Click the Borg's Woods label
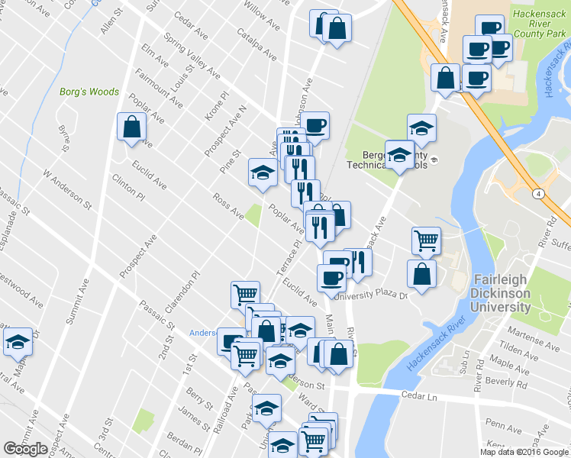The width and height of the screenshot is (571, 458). [89, 92]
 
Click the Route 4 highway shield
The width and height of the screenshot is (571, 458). [540, 195]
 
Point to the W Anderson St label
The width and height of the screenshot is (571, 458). [67, 190]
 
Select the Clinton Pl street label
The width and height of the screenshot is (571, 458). [127, 185]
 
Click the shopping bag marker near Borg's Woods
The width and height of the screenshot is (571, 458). [131, 127]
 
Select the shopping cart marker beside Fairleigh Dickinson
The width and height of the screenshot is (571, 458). [426, 240]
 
